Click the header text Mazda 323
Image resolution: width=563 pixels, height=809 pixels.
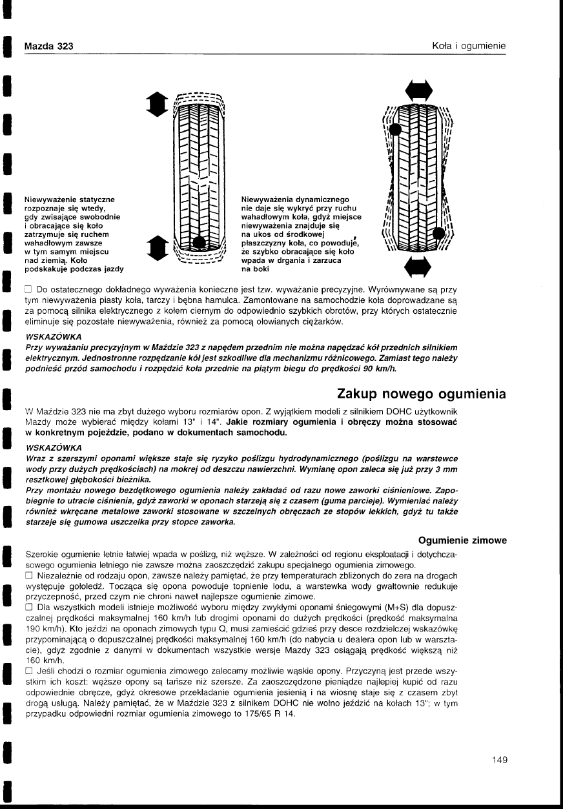pos(48,46)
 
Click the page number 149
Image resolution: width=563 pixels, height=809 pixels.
pos(499,759)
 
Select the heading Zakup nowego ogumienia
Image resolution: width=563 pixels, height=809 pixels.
pos(422,394)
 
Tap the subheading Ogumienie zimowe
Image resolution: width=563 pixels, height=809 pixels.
pos(462,540)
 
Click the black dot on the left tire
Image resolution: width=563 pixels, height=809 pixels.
pos(201,243)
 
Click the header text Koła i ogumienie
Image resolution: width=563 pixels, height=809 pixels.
pos(469,46)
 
